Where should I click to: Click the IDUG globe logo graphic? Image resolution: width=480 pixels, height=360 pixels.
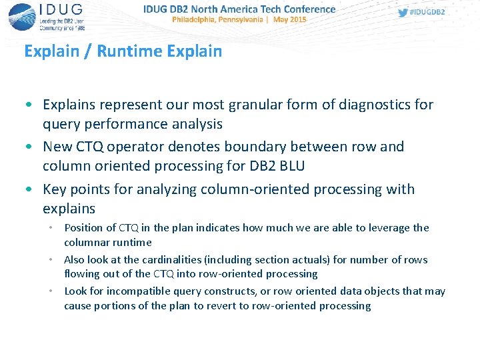(21, 17)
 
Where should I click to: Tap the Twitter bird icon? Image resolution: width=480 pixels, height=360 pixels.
(403, 12)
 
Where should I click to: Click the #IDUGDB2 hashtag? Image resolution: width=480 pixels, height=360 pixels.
(427, 12)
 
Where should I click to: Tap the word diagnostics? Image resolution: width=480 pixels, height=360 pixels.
(377, 105)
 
